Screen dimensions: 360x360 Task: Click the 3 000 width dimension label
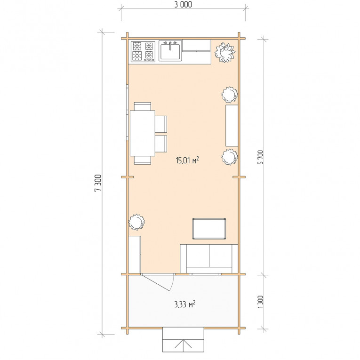coord(183,4)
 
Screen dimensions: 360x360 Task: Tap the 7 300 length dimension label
coord(98,183)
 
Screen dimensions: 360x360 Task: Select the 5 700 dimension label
coord(261,157)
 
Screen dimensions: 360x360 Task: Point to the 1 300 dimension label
coord(260,302)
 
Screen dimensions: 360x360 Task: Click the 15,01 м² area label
coord(187,160)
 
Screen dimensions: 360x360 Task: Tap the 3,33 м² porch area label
coord(185,304)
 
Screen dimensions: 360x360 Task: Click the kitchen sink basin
coord(170,51)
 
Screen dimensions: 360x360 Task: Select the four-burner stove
coord(143,51)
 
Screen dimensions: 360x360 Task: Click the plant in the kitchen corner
coord(225,52)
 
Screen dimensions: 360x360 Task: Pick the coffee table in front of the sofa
coord(209,229)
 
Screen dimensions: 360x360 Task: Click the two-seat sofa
coord(209,259)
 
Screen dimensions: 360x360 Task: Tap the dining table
coord(143,133)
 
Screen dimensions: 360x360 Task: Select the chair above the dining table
coord(143,106)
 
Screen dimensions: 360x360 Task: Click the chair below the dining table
coord(143,160)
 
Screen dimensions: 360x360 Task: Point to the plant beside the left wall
coord(136,222)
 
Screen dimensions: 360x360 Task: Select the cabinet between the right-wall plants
coord(232,126)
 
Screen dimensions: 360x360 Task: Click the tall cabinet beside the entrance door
coord(134,255)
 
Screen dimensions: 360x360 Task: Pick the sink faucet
coord(170,45)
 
